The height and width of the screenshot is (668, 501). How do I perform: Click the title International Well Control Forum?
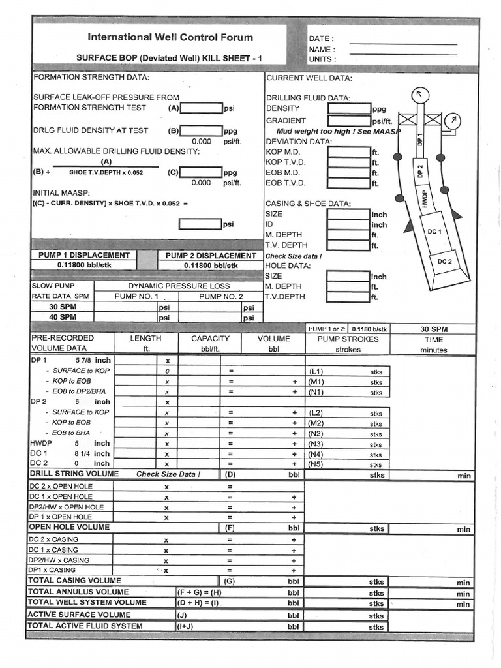pos(170,37)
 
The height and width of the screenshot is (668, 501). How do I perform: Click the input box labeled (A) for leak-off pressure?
pos(201,108)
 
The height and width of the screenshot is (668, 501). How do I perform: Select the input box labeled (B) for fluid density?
pos(201,130)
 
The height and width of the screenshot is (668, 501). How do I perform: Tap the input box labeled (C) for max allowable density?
pos(201,173)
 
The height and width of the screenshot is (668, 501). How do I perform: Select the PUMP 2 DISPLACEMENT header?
pos(211,256)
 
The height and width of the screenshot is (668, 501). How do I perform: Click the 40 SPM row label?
pos(63,317)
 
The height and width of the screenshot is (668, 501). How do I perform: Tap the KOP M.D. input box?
pos(349,152)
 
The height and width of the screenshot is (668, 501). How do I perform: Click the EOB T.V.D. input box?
pos(349,183)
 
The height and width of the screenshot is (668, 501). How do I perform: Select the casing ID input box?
pos(349,224)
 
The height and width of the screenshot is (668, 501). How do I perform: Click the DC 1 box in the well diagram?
pos(434,231)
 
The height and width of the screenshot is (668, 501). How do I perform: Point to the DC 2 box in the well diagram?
pos(445,262)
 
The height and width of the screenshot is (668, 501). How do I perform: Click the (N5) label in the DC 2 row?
pos(316,464)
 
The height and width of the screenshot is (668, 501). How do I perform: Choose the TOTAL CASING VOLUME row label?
pos(74,580)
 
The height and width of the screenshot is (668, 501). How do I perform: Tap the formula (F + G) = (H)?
pos(200,592)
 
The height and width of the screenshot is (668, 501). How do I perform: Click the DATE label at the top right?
pos(321,38)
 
